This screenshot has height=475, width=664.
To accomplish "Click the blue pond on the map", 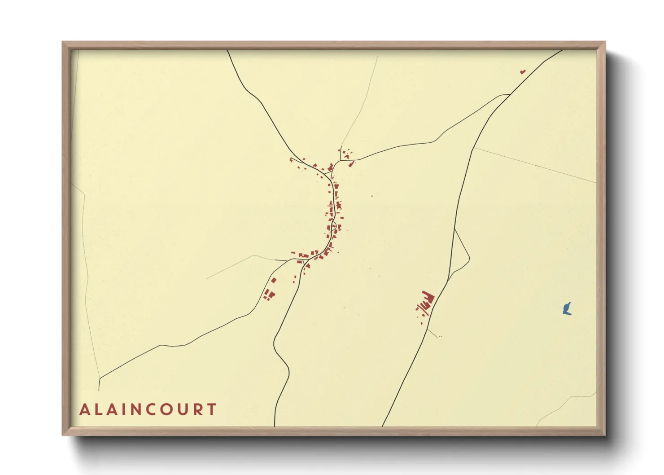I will [567, 309].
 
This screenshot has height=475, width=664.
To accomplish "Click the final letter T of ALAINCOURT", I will [211, 409].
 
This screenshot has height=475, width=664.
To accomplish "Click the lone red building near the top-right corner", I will [522, 71].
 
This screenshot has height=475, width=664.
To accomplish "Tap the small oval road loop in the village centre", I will [333, 224].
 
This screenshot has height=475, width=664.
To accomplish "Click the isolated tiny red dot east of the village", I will [371, 196].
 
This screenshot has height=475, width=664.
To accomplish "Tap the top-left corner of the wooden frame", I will [63, 42].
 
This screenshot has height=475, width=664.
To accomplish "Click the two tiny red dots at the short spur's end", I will [440, 336].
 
